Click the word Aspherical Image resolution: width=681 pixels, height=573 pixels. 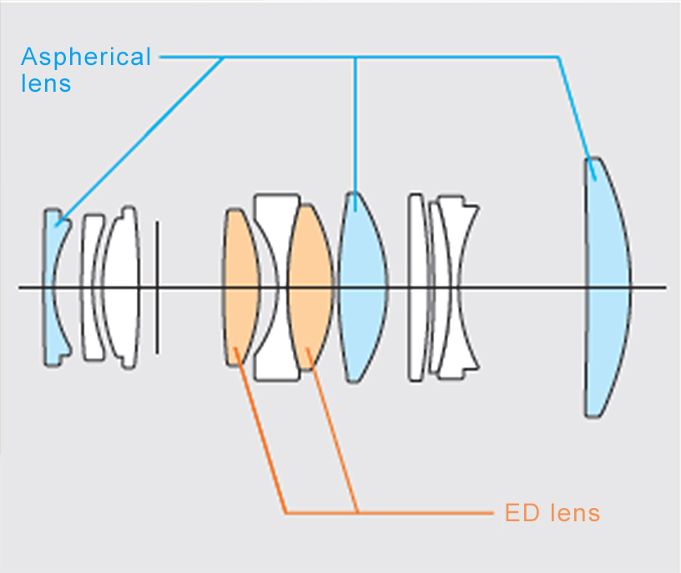86,58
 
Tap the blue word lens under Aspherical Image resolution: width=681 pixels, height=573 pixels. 46,83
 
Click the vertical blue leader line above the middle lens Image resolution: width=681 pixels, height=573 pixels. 356,125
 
